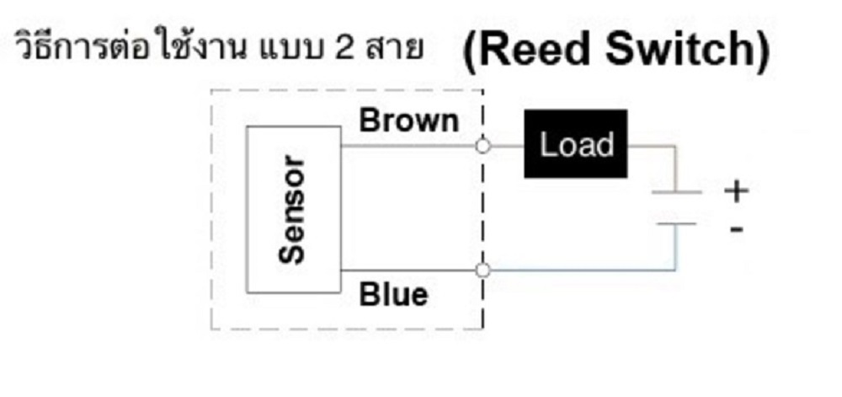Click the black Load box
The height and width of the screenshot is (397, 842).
point(576,144)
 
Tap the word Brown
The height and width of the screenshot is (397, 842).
point(409,121)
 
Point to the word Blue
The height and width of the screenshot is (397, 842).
point(393,295)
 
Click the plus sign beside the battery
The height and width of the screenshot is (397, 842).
point(736,192)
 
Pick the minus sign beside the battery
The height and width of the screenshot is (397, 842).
point(737,228)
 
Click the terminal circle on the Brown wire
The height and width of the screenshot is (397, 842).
point(482,145)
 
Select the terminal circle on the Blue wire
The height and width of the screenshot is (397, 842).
point(482,271)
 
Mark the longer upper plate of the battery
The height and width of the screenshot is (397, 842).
point(676,193)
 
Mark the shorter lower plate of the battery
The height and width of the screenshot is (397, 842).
point(676,224)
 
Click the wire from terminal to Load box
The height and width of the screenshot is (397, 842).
point(506,145)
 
